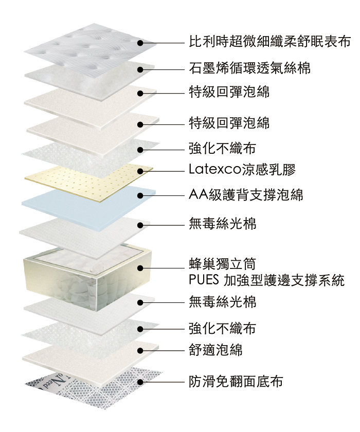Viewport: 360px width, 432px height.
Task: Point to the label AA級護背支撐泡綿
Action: pyautogui.click(x=246, y=195)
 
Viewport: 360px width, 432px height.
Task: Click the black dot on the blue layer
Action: pyautogui.click(x=140, y=195)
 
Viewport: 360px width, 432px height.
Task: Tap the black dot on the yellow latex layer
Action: pyautogui.click(x=140, y=170)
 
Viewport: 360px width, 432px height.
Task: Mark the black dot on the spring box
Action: pyautogui.click(x=140, y=268)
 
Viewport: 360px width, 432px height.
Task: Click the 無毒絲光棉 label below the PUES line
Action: pyautogui.click(x=222, y=301)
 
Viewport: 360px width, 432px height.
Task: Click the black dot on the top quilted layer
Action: pyautogui.click(x=140, y=43)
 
